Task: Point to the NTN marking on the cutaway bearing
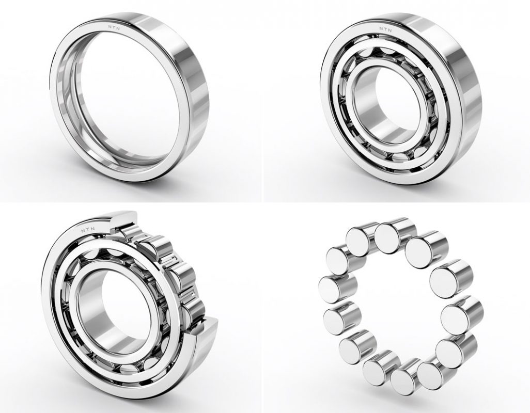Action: [88, 230]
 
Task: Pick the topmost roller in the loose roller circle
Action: [394, 235]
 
